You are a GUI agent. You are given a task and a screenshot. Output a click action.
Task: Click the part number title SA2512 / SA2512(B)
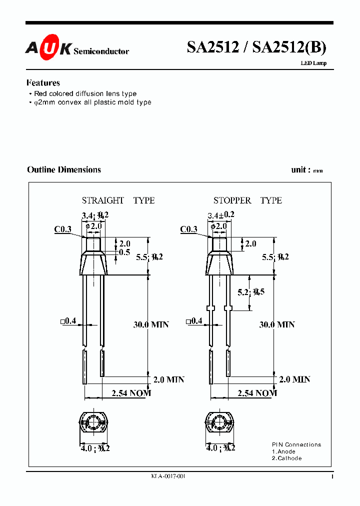click(256, 47)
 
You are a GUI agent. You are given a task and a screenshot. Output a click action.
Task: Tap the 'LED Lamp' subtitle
click(313, 63)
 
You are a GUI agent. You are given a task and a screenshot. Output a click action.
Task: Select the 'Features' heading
click(43, 83)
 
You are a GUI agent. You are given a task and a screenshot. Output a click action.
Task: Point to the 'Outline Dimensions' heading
click(64, 170)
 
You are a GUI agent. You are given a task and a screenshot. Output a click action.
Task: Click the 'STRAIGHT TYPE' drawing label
click(118, 200)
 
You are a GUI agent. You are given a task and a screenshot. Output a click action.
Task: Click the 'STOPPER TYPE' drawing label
click(247, 200)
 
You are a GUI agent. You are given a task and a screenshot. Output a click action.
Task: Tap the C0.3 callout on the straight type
click(63, 229)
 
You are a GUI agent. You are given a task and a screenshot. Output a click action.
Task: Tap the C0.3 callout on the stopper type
click(188, 229)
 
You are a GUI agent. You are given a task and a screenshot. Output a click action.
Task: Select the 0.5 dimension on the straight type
click(125, 252)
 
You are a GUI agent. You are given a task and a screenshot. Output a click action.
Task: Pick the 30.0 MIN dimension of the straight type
click(151, 324)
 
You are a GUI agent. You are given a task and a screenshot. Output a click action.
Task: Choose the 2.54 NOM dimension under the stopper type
click(257, 393)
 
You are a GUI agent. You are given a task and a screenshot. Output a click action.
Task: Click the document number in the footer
click(168, 477)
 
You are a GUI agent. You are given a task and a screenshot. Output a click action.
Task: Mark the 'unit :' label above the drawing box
click(301, 170)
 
